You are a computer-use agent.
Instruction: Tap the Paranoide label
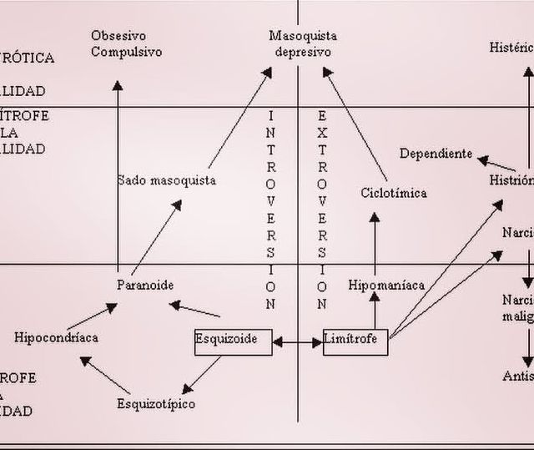tap(145, 285)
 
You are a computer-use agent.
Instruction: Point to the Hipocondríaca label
tap(56, 337)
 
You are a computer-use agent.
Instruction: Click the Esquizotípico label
tap(156, 404)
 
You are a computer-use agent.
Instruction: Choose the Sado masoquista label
tap(166, 179)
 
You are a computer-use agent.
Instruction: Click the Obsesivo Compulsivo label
tap(126, 43)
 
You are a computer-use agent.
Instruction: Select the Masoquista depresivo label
tap(303, 43)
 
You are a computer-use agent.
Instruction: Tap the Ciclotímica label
tap(393, 193)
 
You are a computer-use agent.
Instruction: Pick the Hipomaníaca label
tap(386, 285)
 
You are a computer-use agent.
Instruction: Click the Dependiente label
tap(436, 154)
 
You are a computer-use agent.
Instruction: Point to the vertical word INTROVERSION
tap(270, 209)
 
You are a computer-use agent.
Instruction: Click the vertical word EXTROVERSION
tap(322, 209)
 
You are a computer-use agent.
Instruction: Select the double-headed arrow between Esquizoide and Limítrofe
tap(297, 341)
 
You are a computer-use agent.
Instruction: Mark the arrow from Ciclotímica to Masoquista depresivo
tap(355, 125)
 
